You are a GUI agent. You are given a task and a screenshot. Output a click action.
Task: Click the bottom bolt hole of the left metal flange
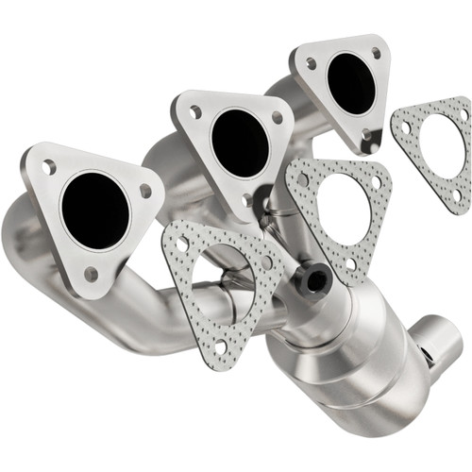(91, 274)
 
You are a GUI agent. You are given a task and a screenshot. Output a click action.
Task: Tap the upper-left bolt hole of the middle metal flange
(195, 111)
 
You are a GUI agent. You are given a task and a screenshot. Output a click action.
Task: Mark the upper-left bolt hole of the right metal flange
(311, 64)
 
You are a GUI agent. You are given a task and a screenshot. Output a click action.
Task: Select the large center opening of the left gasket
(223, 279)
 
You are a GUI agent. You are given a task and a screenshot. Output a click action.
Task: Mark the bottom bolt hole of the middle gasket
(353, 264)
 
